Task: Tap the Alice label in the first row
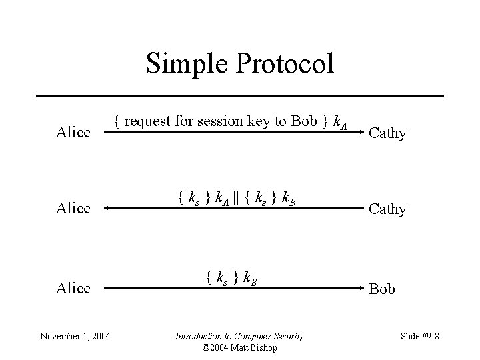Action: click(73, 133)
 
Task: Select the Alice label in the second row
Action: click(73, 209)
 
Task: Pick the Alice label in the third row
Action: click(73, 288)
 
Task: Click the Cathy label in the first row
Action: click(387, 133)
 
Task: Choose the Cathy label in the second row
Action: click(387, 209)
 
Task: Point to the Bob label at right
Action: click(382, 289)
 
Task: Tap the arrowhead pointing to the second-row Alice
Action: click(109, 209)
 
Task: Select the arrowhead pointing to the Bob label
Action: click(357, 289)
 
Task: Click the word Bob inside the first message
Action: click(304, 121)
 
